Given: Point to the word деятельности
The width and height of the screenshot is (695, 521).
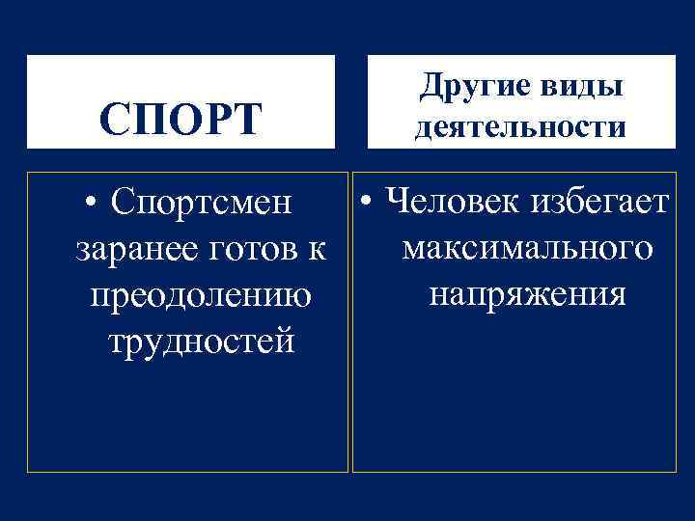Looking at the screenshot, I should (520, 128).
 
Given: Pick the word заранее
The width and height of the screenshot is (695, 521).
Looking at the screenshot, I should (133, 249).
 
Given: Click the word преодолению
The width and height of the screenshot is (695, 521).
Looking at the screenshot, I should (200, 294).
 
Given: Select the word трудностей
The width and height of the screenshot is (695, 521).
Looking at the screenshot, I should (200, 340).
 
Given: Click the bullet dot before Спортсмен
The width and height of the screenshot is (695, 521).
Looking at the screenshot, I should (90, 205).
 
